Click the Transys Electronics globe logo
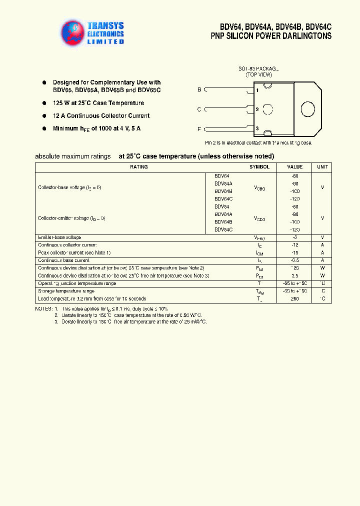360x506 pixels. [73, 32]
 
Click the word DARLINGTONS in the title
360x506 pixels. [306, 36]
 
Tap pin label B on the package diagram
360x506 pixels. [199, 89]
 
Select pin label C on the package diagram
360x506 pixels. [199, 109]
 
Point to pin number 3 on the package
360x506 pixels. [257, 128]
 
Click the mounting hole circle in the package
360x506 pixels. [268, 109]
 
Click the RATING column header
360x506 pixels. [138, 167]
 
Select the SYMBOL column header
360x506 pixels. [259, 167]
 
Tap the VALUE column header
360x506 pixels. [294, 167]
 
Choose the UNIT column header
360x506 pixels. [322, 167]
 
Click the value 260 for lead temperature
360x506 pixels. [294, 298]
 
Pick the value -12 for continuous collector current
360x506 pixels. [294, 245]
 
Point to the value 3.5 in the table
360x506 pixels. [294, 275]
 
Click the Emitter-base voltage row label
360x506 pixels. [59, 237]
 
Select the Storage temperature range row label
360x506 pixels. [66, 291]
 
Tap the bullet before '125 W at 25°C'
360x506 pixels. [44, 102]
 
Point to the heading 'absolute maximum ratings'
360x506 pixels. [73, 156]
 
